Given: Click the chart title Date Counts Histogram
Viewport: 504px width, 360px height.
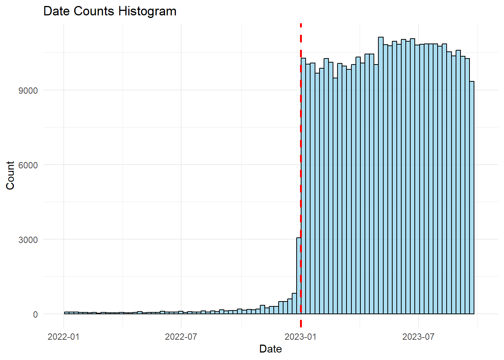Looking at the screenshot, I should pos(110,11).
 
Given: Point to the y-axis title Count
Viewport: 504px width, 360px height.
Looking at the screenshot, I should pos(10,175).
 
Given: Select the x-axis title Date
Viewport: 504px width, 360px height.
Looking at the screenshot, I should pos(270,349).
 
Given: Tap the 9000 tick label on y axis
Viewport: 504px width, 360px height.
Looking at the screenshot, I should pos(28,91).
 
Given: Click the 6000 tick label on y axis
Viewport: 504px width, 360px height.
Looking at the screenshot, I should pos(28,165).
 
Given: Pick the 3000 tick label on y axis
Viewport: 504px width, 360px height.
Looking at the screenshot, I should pos(28,240).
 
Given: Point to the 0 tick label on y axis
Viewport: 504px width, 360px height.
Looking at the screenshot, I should pos(35,315).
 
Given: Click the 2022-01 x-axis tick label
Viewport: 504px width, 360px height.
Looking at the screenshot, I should pos(63,336).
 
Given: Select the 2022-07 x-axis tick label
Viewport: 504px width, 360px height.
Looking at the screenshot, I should pos(181,336).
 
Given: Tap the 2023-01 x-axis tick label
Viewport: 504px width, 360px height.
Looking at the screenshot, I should pos(300,336).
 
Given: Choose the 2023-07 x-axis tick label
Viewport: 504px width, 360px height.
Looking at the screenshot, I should pos(418,336).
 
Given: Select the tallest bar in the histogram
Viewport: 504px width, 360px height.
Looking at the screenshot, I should pos(381,176).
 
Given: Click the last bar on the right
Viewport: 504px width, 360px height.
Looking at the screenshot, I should pos(472,199).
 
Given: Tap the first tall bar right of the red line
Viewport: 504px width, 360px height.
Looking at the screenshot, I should pos(303,187).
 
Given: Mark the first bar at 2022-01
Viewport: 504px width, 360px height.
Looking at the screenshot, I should pos(66,313).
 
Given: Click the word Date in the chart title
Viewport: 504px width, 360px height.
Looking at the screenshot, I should pos(57,11).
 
